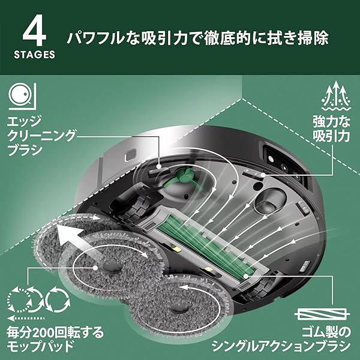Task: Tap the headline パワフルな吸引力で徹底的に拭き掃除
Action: [x=197, y=38]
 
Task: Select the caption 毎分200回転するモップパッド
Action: [x=50, y=338]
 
